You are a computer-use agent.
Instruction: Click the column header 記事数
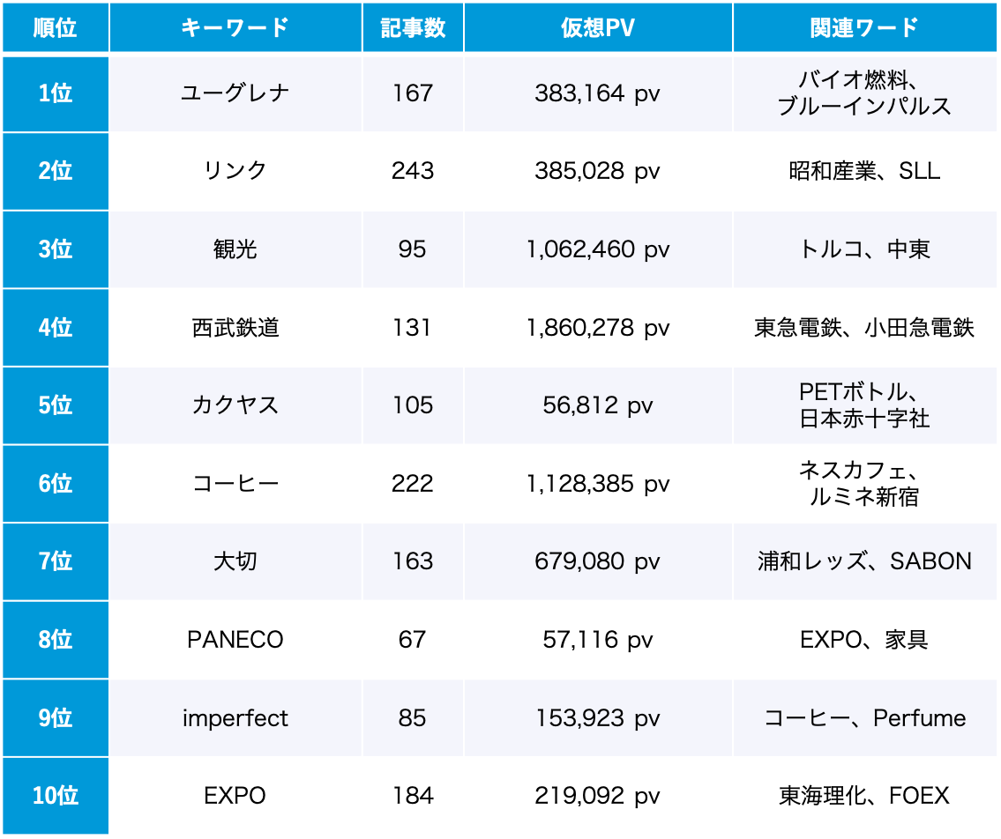pos(413,27)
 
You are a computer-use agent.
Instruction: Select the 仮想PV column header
pos(597,27)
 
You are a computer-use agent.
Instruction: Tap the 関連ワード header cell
pos(864,27)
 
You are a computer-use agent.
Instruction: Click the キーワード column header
pos(235,27)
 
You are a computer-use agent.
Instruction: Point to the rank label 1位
pos(56,93)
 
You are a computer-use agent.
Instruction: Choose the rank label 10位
pos(56,796)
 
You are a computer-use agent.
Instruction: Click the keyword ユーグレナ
pos(235,93)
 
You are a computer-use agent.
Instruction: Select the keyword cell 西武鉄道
pos(235,328)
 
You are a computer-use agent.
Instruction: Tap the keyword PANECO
pos(235,640)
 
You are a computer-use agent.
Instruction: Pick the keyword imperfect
pos(235,718)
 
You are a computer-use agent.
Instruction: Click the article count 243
pos(413,171)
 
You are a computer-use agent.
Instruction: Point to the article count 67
pos(413,640)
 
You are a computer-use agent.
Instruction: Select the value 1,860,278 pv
pos(597,328)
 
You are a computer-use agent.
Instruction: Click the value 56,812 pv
pos(597,405)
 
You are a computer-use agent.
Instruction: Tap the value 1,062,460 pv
pos(597,249)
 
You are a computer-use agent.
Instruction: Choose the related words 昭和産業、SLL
pos(864,171)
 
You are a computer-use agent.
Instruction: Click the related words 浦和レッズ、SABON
pos(864,561)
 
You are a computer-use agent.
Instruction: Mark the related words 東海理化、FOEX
pos(864,796)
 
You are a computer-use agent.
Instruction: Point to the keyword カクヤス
pos(235,405)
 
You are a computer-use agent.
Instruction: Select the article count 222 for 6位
pos(413,484)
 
